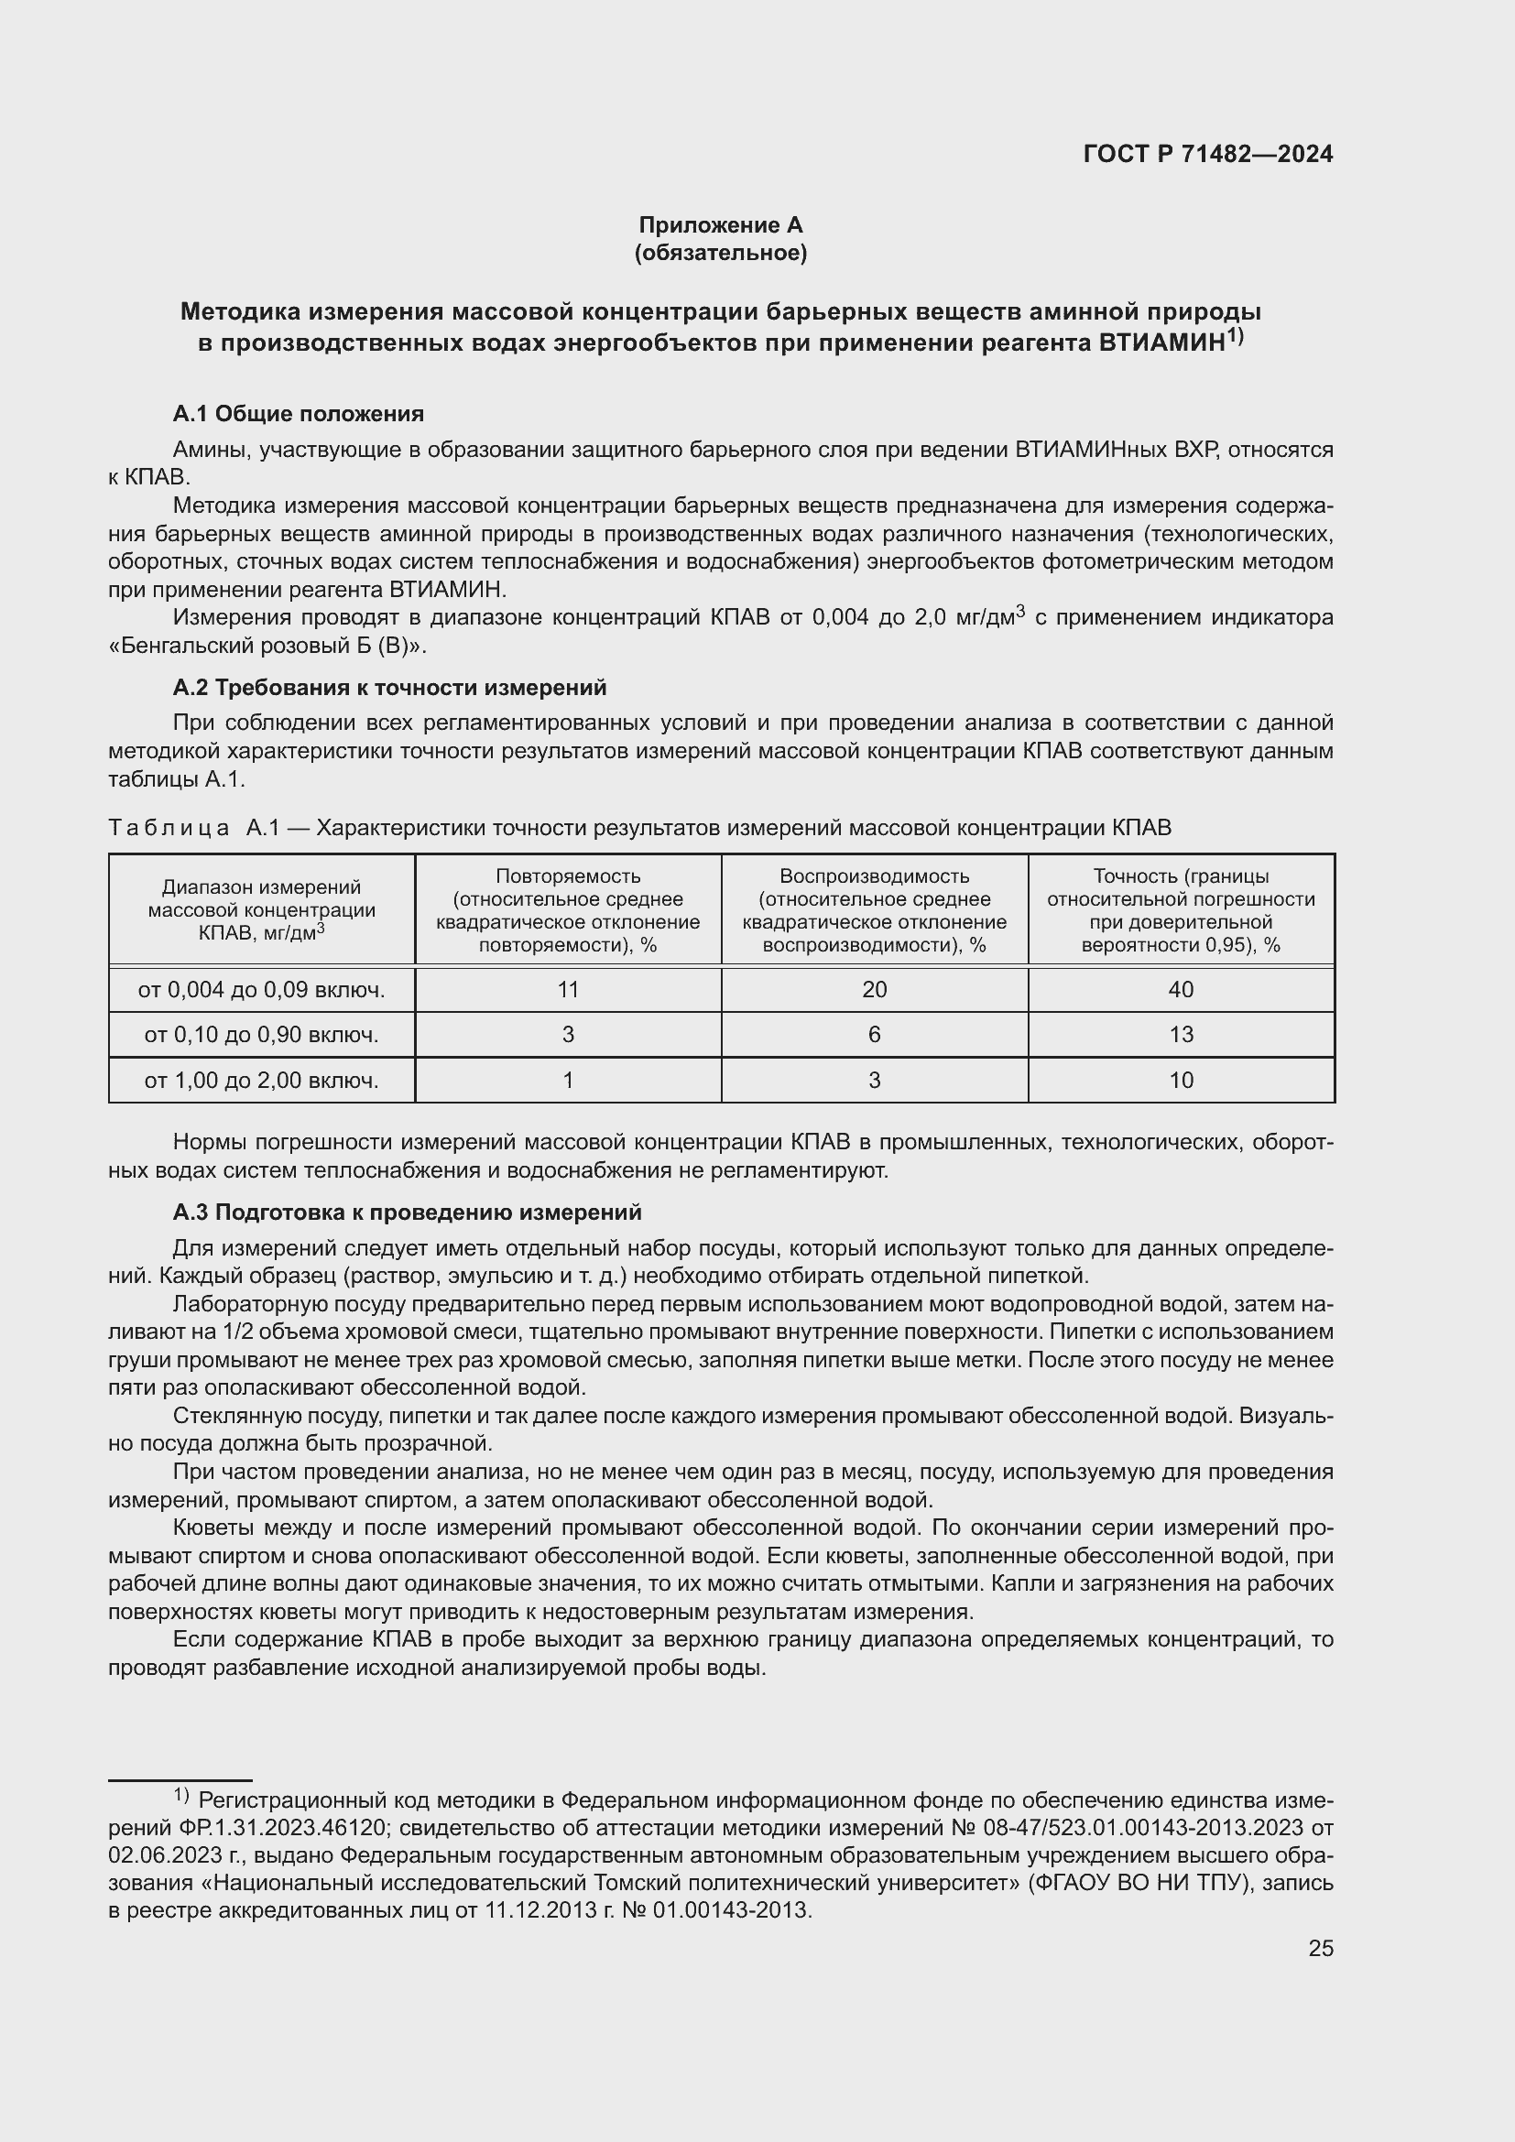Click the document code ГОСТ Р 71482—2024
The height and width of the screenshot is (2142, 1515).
pos(1207,154)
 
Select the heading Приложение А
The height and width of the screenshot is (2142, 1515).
pos(720,225)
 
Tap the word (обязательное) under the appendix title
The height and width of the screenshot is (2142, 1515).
pos(720,253)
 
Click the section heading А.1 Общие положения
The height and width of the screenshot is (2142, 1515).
pos(298,413)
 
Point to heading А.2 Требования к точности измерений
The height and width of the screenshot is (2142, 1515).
pos(389,688)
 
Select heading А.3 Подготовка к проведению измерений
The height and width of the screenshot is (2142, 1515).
pos(407,1212)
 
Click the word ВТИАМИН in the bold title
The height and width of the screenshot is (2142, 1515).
pos(1161,343)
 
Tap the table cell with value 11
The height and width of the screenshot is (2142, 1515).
pos(567,990)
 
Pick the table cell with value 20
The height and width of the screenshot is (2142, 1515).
pos(874,990)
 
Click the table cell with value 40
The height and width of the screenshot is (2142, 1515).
pos(1181,990)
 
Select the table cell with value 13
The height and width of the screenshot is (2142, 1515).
pos(1181,1035)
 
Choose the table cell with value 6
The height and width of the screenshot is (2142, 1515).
pos(874,1035)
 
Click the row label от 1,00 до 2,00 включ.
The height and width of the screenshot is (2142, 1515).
pos(261,1081)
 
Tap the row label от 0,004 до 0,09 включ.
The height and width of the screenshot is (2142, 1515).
pos(261,990)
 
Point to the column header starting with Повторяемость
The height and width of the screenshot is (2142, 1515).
pos(567,910)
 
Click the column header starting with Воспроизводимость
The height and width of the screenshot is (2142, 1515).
pos(874,910)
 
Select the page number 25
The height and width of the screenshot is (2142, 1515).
pos(1320,1948)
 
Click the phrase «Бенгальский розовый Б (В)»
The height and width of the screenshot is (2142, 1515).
pos(267,646)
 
